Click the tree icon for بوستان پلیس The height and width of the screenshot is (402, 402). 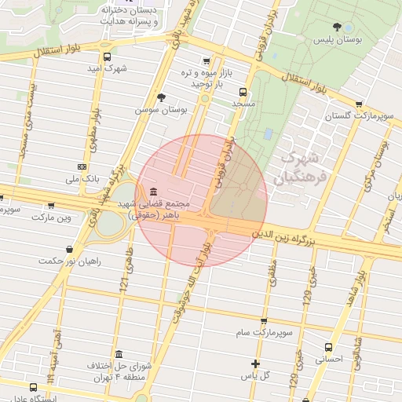point(338,27)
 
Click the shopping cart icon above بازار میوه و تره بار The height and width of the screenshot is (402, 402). point(206,61)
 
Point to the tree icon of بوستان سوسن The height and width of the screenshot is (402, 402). point(162,97)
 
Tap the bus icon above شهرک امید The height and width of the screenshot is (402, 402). point(107,57)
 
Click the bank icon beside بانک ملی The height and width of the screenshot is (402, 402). point(82,167)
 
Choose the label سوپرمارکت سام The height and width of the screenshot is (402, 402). point(263,333)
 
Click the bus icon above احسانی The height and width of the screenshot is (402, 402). point(328,346)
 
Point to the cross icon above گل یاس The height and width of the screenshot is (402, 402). point(255,364)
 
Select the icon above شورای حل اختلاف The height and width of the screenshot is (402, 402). point(119,354)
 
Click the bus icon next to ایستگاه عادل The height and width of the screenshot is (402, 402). point(33,387)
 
